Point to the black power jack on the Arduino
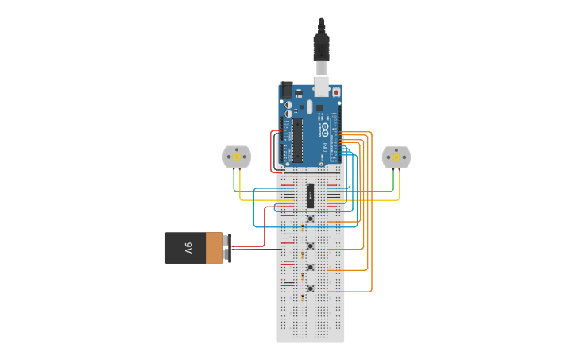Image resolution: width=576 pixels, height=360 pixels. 288,91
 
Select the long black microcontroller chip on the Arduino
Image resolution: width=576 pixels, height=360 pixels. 297,139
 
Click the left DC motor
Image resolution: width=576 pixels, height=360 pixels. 236,157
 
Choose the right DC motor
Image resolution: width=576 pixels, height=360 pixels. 396,157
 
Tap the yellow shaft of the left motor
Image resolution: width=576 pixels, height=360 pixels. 236,157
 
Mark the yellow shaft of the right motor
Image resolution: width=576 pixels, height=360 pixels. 396,157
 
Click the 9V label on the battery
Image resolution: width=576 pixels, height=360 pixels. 188,248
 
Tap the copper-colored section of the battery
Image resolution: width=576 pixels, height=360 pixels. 215,248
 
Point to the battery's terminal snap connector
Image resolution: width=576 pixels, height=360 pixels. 227,248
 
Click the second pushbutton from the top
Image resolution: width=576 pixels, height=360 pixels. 311,246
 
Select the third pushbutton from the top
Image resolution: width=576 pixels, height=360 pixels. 311,267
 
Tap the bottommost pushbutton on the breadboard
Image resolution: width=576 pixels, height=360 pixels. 311,288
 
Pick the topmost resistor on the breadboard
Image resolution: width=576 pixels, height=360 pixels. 303,228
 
